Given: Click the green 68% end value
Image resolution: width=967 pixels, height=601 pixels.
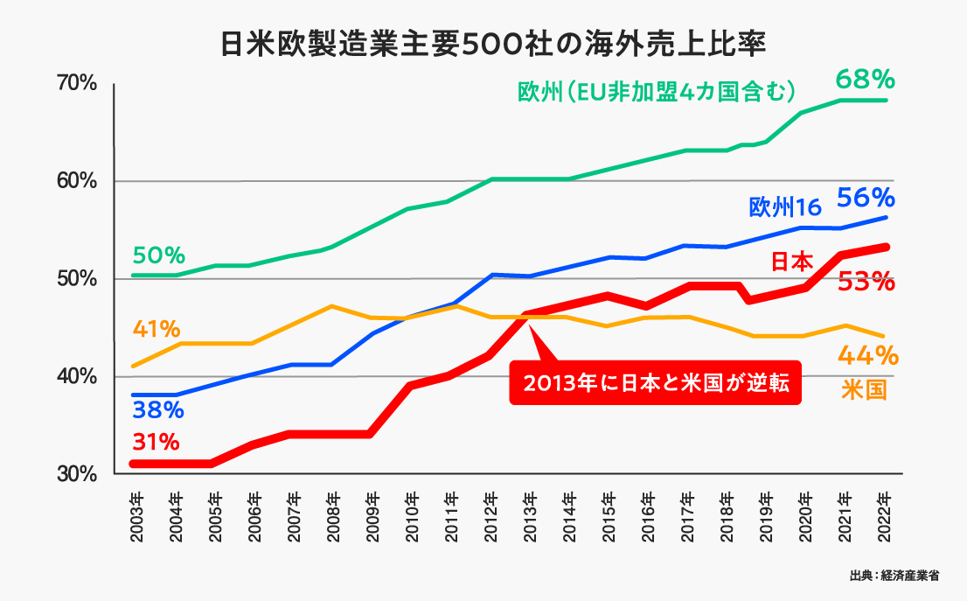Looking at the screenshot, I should [865, 80].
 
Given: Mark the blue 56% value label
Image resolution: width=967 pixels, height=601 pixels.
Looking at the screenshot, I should [865, 198].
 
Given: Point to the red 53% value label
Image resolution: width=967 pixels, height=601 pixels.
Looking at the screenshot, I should [865, 283].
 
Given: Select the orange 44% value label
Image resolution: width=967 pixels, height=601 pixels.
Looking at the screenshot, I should [867, 355].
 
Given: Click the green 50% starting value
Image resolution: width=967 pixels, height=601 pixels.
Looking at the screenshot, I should [158, 255].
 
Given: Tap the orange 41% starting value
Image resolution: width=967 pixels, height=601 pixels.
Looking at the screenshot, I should [157, 330].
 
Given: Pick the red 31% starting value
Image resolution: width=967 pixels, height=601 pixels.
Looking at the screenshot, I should [157, 440].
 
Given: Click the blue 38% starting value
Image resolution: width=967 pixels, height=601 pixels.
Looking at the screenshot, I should [158, 409].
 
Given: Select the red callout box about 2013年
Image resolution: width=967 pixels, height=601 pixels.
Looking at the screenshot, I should [655, 385].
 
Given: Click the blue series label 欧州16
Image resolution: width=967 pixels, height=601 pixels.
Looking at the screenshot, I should [784, 207].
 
